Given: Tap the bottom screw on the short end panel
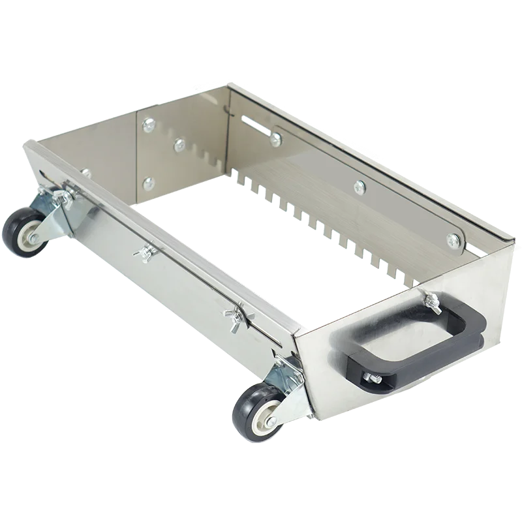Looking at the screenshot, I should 149,183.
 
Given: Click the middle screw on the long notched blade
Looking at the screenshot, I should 359,188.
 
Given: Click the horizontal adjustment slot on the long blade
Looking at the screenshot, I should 254,125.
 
